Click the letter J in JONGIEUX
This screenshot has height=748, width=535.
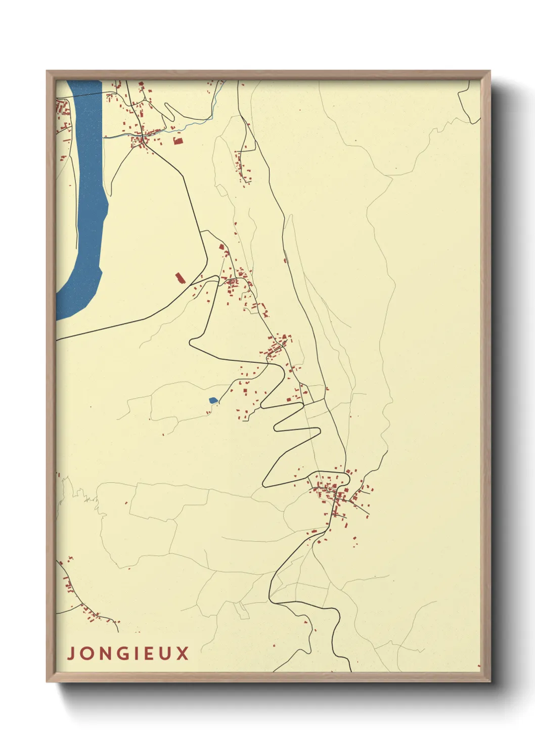pyautogui.click(x=71, y=653)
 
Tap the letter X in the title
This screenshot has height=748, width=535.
pyautogui.click(x=183, y=653)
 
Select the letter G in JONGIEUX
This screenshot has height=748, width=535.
pyautogui.click(x=121, y=653)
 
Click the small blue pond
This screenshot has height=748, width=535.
pyautogui.click(x=213, y=400)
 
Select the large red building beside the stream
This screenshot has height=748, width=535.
pyautogui.click(x=177, y=141)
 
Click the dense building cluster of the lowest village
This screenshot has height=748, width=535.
pyautogui.click(x=334, y=493)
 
